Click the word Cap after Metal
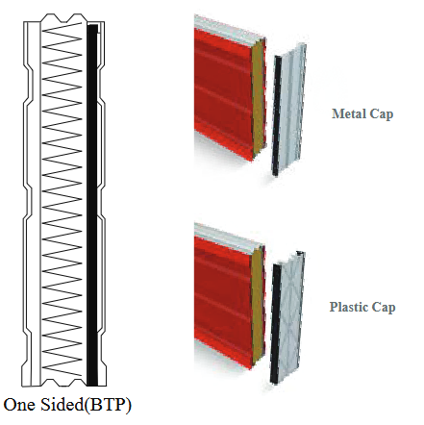(x=382, y=114)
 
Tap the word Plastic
(x=349, y=307)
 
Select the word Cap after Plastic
(x=384, y=308)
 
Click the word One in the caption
(x=20, y=404)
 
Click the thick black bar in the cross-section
(x=92, y=205)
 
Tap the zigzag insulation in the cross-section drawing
(x=62, y=199)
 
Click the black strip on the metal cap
(x=277, y=115)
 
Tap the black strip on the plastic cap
(x=276, y=324)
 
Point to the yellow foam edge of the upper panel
(x=259, y=98)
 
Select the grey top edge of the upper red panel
(x=228, y=30)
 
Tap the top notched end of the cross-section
(x=64, y=18)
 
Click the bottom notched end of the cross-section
(x=64, y=382)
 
